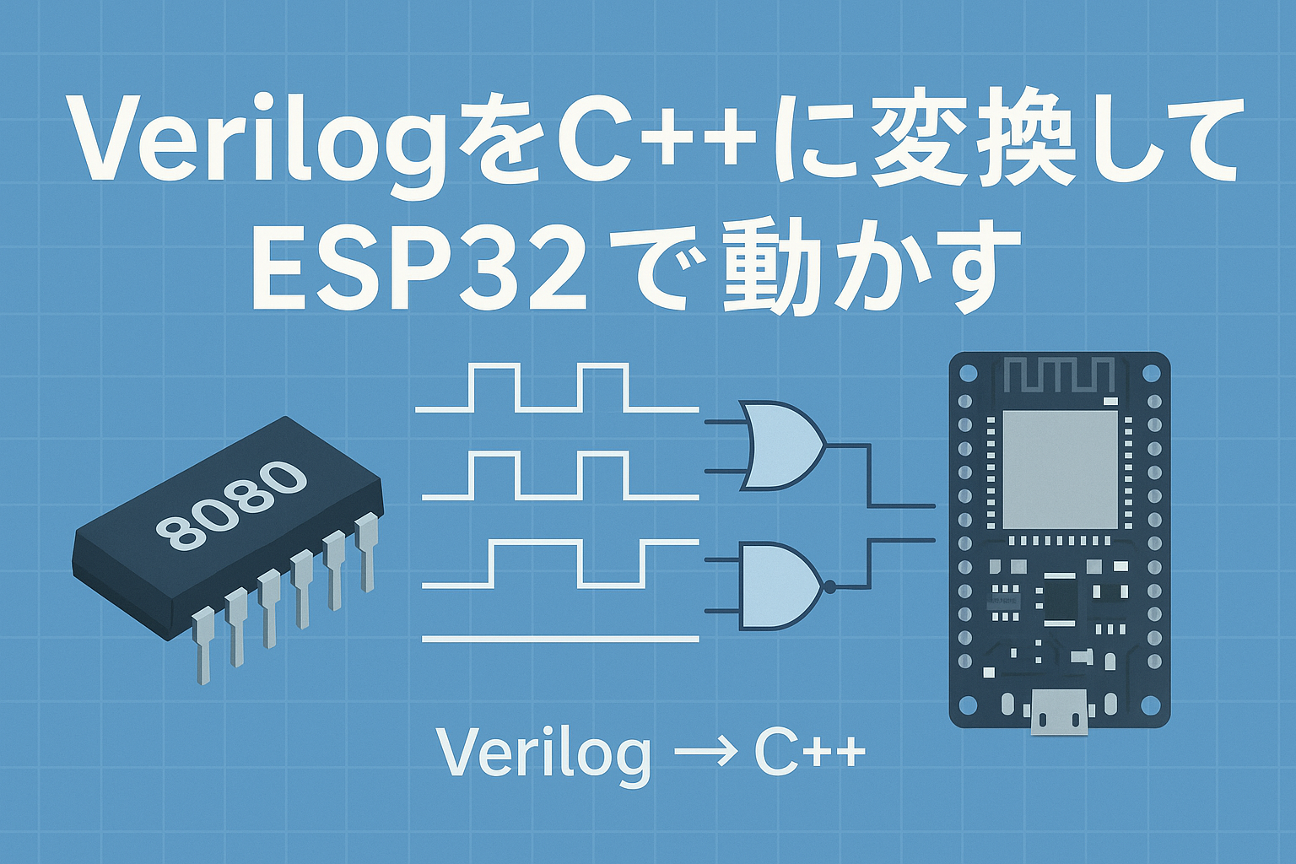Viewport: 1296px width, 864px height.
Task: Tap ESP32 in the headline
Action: click(418, 268)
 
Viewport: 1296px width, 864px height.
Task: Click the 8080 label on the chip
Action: click(231, 504)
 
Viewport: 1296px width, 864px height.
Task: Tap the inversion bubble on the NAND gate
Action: click(829, 586)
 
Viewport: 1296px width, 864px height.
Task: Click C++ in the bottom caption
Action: click(809, 753)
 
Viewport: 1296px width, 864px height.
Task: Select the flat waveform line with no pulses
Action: click(560, 639)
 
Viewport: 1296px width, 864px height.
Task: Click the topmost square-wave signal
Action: click(557, 388)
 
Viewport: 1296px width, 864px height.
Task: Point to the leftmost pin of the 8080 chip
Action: click(203, 645)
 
